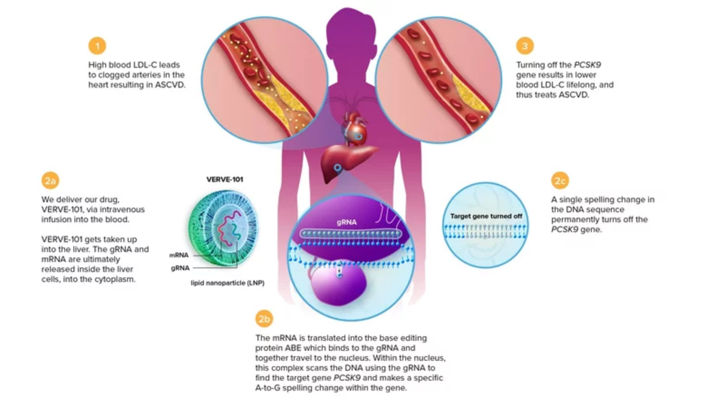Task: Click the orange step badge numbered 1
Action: point(97,46)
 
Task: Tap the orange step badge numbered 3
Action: point(524,46)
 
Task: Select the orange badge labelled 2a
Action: point(50,180)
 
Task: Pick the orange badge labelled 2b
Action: point(264,319)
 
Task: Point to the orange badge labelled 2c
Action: point(560,181)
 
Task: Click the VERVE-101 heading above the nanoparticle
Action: point(225,179)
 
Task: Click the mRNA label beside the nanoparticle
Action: point(179,255)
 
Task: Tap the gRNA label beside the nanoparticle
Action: point(180,268)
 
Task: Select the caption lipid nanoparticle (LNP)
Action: point(228,283)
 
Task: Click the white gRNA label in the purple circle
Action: point(347,222)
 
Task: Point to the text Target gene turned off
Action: point(486,216)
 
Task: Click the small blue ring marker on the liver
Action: point(337,168)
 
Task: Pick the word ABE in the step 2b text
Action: point(293,348)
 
